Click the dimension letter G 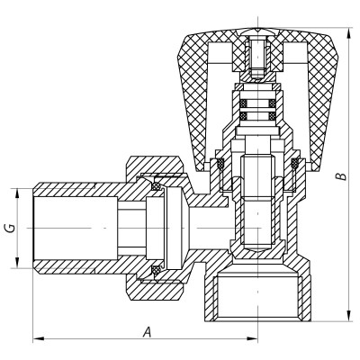pos(9,228)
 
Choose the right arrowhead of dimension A pos(252,339)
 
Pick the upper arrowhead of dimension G pos(16,192)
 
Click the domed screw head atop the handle pos(255,37)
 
